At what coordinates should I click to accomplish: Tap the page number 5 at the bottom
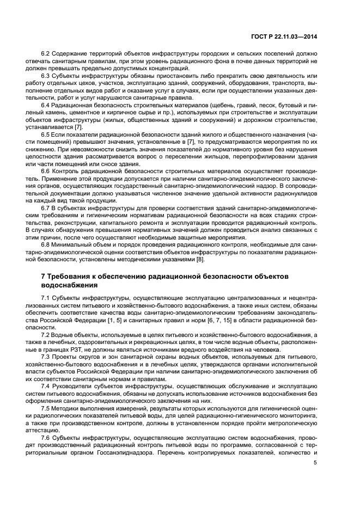tap(315, 464)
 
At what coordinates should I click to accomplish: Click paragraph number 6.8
tap(46, 245)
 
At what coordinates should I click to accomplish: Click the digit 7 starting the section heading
tap(43, 277)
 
